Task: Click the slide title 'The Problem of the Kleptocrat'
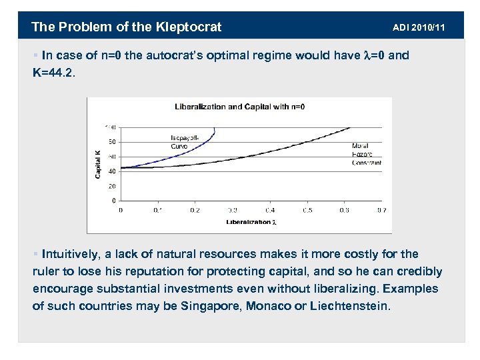coord(127,27)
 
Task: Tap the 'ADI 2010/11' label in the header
coord(419,27)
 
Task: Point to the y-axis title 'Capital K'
coord(97,163)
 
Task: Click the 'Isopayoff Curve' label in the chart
coord(184,141)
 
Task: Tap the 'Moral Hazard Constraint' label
coord(366,154)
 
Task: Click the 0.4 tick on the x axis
coord(270,210)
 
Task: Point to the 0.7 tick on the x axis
coord(381,210)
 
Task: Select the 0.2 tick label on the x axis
coord(195,210)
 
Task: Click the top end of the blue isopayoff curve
coord(214,127)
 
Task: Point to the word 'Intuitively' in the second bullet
coord(69,255)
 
